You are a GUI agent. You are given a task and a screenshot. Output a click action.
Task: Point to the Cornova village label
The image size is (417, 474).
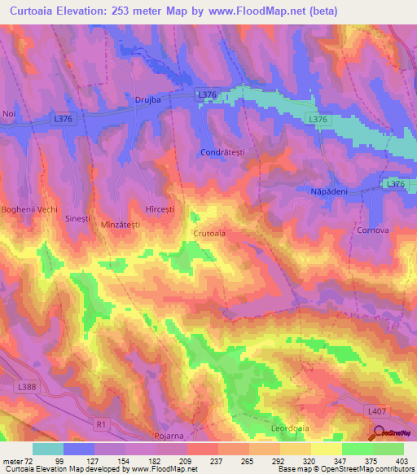pos(371,230)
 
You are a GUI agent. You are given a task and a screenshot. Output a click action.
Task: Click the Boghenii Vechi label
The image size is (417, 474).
pos(29,209)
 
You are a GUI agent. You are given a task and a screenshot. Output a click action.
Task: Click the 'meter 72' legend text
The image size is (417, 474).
pos(17,460)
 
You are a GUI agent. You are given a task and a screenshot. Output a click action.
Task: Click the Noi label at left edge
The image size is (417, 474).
pos(9,113)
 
